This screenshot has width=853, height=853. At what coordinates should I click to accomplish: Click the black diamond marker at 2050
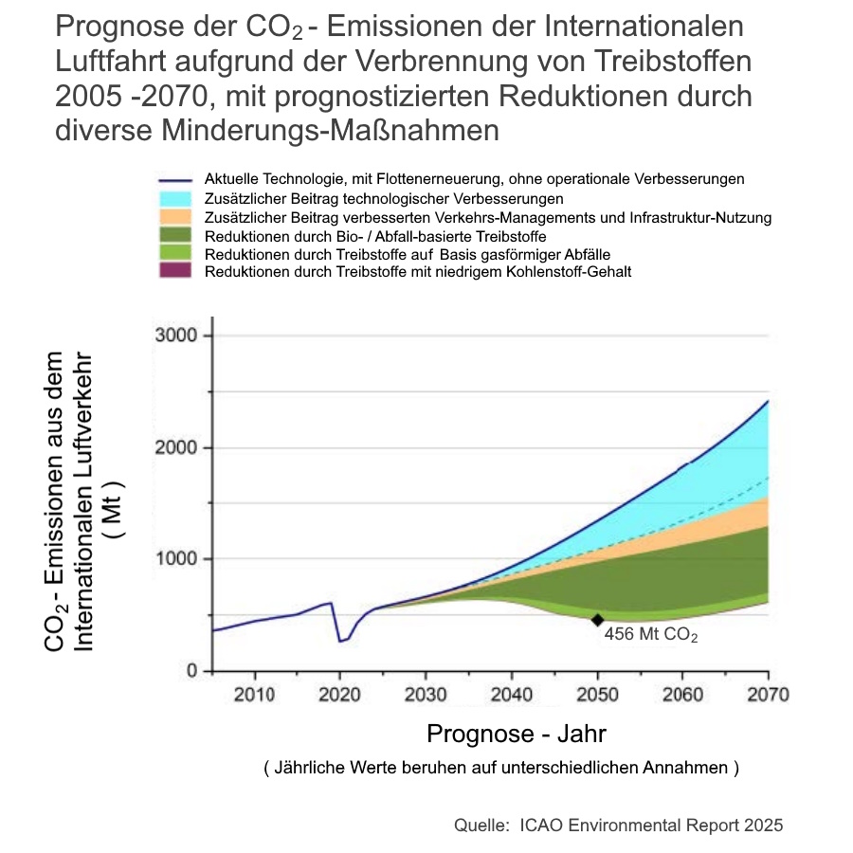pyautogui.click(x=597, y=620)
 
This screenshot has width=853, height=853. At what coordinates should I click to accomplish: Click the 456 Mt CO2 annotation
pyautogui.click(x=650, y=635)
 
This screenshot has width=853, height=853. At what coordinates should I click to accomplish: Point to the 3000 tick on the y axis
pyautogui.click(x=175, y=336)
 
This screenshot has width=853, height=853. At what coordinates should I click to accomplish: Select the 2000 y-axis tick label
pyautogui.click(x=175, y=447)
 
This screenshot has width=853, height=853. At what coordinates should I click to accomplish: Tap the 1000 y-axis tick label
pyautogui.click(x=175, y=559)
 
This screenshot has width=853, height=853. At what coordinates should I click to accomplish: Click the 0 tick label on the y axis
pyautogui.click(x=191, y=671)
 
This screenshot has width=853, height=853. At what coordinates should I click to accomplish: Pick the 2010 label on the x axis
pyautogui.click(x=255, y=695)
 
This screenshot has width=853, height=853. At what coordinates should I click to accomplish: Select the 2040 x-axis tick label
pyautogui.click(x=512, y=695)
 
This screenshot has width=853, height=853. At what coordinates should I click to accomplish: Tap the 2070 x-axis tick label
pyautogui.click(x=768, y=695)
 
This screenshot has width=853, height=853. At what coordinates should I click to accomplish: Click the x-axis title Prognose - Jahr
pyautogui.click(x=517, y=734)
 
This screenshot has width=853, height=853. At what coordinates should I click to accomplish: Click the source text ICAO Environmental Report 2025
pyautogui.click(x=652, y=825)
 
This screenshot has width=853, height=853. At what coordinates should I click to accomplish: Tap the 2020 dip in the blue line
pyautogui.click(x=341, y=641)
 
